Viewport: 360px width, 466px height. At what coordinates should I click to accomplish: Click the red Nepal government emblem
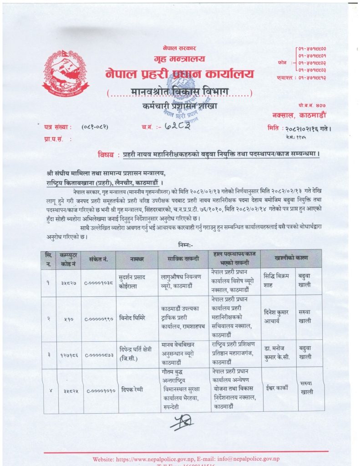(x=66, y=73)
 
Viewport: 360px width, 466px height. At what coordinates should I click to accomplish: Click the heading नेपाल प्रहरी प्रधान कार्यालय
(x=179, y=74)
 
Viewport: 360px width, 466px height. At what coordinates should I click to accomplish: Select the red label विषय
(x=108, y=154)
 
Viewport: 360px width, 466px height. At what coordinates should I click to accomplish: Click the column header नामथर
(x=136, y=259)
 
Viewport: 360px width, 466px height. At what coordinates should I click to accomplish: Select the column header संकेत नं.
(x=99, y=259)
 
